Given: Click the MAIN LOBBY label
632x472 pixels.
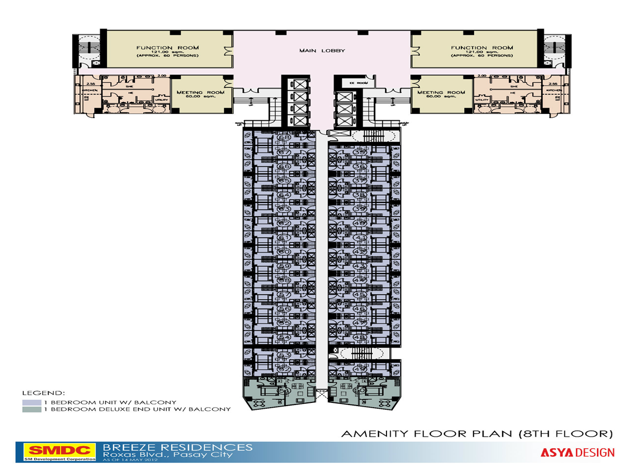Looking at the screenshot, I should click(x=322, y=51).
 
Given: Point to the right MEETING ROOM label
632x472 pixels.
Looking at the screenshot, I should click(x=441, y=93).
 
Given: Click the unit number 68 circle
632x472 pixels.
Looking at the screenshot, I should click(x=284, y=138).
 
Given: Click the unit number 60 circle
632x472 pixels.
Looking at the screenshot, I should click(x=284, y=252).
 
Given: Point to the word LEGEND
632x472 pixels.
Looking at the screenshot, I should click(x=43, y=393).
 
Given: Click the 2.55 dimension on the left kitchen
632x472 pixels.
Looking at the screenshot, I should click(x=91, y=84).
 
